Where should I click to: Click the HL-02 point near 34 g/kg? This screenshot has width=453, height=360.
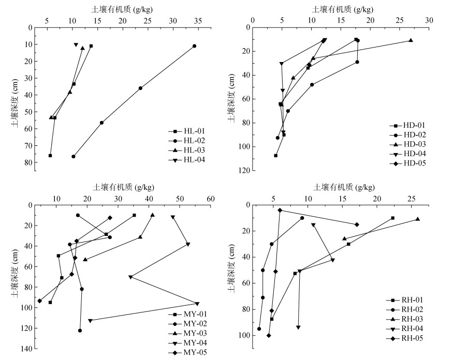194,46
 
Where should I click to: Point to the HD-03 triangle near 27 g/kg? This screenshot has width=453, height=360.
411,40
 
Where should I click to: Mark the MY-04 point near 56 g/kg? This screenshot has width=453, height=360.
197,304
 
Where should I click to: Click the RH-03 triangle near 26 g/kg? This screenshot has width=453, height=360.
417,219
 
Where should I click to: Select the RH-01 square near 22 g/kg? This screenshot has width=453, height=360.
392,218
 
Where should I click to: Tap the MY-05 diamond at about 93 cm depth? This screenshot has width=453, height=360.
39,301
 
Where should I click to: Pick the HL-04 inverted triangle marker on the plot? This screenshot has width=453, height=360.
76,45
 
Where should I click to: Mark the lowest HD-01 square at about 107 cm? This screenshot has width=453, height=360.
275,155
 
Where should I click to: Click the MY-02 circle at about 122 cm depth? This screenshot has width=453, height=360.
80,331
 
